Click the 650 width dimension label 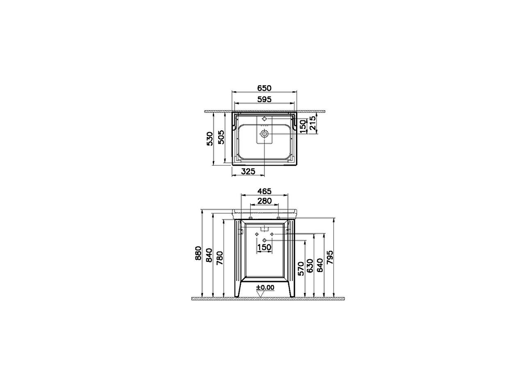[x=264, y=88]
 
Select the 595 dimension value [x=264, y=99]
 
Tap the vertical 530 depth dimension [x=210, y=138]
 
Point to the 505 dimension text [x=221, y=137]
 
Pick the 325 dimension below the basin [x=248, y=171]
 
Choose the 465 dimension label [x=265, y=191]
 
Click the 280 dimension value [x=265, y=201]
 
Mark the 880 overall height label [x=198, y=253]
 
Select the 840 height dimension [x=209, y=255]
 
